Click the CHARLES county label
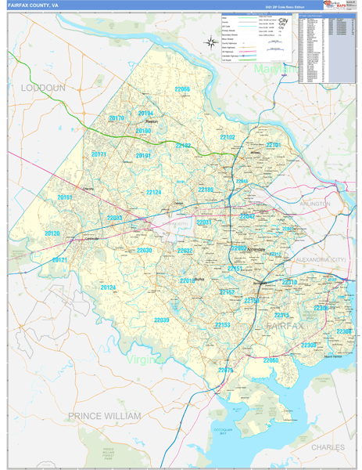tap(327, 446)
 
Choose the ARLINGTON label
tap(314, 204)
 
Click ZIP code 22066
tap(182, 90)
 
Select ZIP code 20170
tap(116, 118)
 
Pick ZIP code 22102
tap(227, 137)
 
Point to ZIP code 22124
tap(154, 192)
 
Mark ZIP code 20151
tap(65, 198)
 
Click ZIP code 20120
tap(52, 233)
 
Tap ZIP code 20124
tap(108, 287)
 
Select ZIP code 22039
tap(161, 320)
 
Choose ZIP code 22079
tap(225, 369)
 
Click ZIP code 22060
tap(271, 360)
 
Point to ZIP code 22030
tap(145, 251)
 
